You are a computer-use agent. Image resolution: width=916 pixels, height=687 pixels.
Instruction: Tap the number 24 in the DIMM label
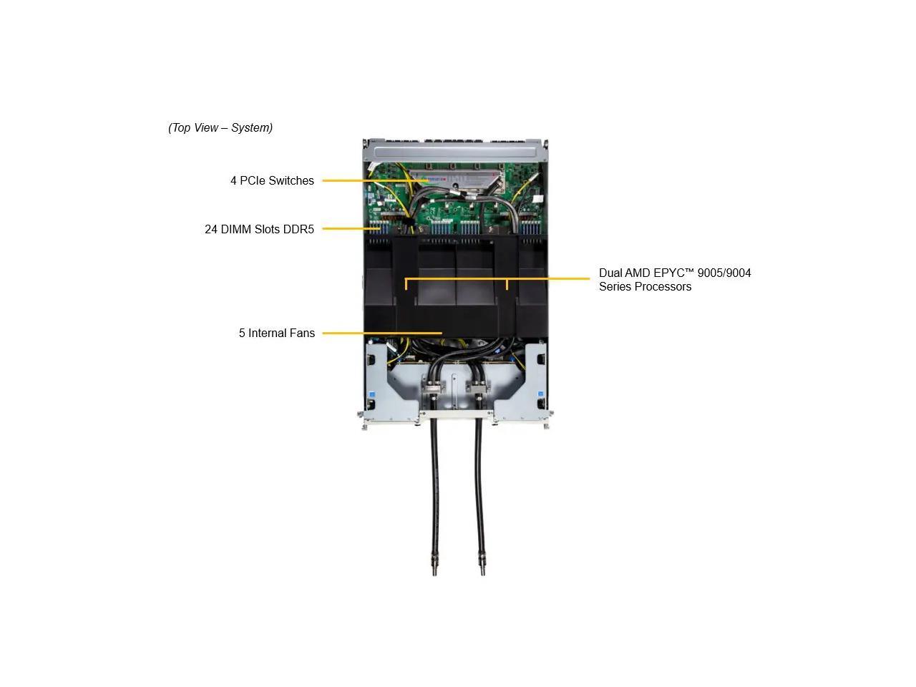pos(211,230)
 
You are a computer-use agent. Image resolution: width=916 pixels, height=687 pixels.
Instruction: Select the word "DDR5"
pos(298,230)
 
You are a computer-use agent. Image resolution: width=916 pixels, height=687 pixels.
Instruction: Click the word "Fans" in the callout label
pos(302,333)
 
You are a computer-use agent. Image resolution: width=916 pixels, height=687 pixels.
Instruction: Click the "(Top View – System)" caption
pos(220,128)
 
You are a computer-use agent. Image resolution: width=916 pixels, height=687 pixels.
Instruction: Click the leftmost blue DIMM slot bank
pos(379,228)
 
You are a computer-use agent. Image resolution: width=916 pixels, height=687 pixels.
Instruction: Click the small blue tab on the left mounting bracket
pos(372,395)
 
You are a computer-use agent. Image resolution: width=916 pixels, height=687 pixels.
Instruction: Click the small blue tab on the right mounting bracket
pos(540,395)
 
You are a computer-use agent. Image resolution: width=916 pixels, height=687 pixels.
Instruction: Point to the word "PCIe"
pos(251,181)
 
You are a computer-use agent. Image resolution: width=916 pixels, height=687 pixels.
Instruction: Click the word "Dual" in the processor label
pos(610,273)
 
